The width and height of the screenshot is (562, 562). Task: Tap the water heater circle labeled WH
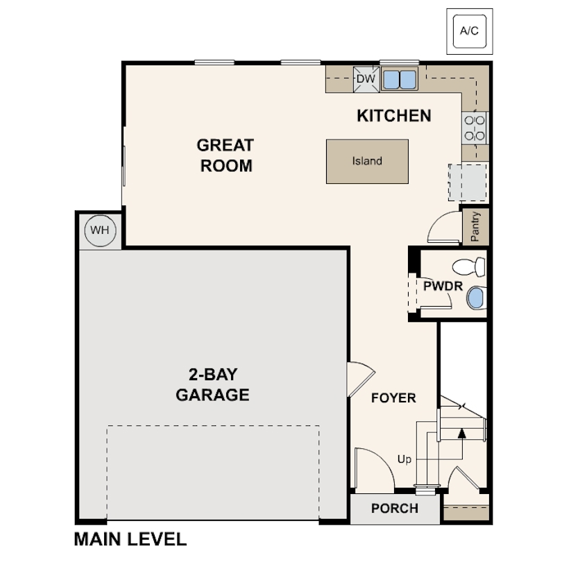coord(100,230)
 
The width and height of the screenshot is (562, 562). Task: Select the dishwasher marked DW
coord(366,79)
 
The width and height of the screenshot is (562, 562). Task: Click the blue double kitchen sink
coord(399,79)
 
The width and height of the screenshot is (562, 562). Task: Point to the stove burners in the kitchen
coord(475,128)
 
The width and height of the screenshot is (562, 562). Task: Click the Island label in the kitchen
coord(367,161)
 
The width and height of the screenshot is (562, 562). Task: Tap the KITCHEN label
coord(393,116)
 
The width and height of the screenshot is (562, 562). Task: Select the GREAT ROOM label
coord(225,155)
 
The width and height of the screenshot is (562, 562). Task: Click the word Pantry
coord(475,226)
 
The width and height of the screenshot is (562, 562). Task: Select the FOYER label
coord(393,398)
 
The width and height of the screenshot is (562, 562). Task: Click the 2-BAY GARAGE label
coord(212,385)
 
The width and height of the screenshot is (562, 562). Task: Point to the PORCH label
coord(394,509)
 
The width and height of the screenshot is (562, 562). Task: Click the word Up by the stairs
coord(404,459)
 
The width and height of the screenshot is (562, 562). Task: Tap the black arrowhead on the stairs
coord(461,433)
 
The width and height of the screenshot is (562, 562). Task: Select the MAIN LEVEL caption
coord(130,539)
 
